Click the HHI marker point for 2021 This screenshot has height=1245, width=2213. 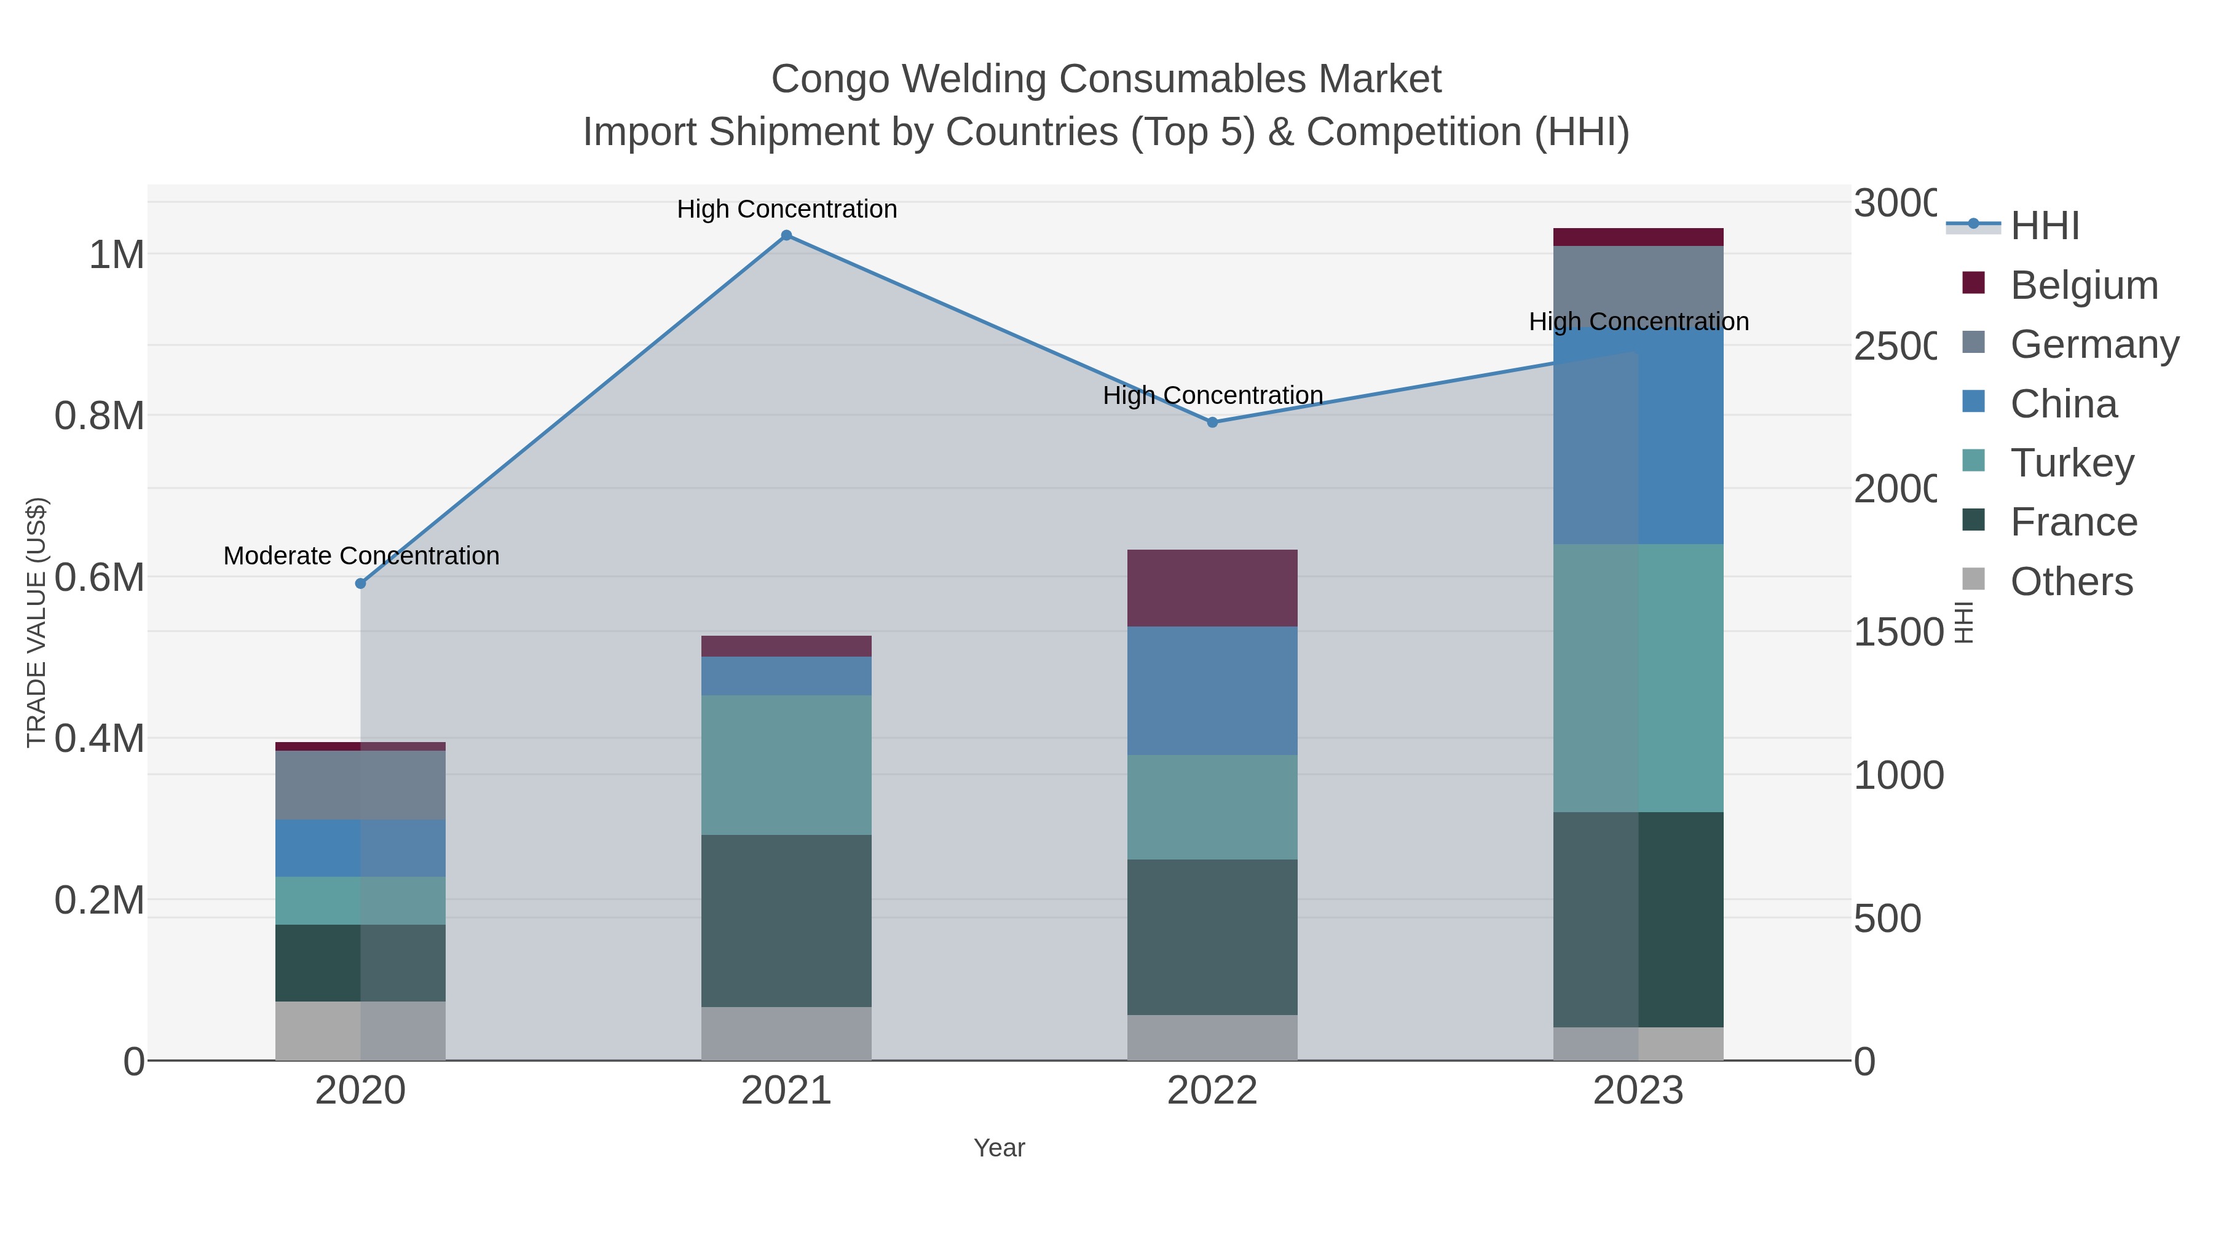(x=786, y=235)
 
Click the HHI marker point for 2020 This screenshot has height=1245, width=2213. (x=361, y=583)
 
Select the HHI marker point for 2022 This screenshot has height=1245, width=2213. (x=1212, y=422)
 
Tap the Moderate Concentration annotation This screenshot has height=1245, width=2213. (x=361, y=556)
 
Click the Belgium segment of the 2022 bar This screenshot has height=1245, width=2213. (x=1212, y=588)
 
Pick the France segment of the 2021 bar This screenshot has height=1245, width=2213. (x=786, y=920)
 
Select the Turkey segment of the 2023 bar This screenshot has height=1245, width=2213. (x=1638, y=678)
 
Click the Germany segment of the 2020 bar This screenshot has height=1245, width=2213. (x=361, y=785)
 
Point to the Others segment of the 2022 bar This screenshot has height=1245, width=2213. (x=1212, y=1037)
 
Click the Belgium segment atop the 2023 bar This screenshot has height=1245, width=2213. (x=1638, y=237)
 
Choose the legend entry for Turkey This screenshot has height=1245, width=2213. (x=2070, y=463)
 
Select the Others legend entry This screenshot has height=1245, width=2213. (x=2070, y=582)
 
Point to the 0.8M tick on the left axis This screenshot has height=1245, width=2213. (x=99, y=416)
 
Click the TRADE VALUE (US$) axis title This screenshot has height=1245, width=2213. (x=36, y=622)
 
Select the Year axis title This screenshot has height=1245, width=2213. (x=999, y=1148)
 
